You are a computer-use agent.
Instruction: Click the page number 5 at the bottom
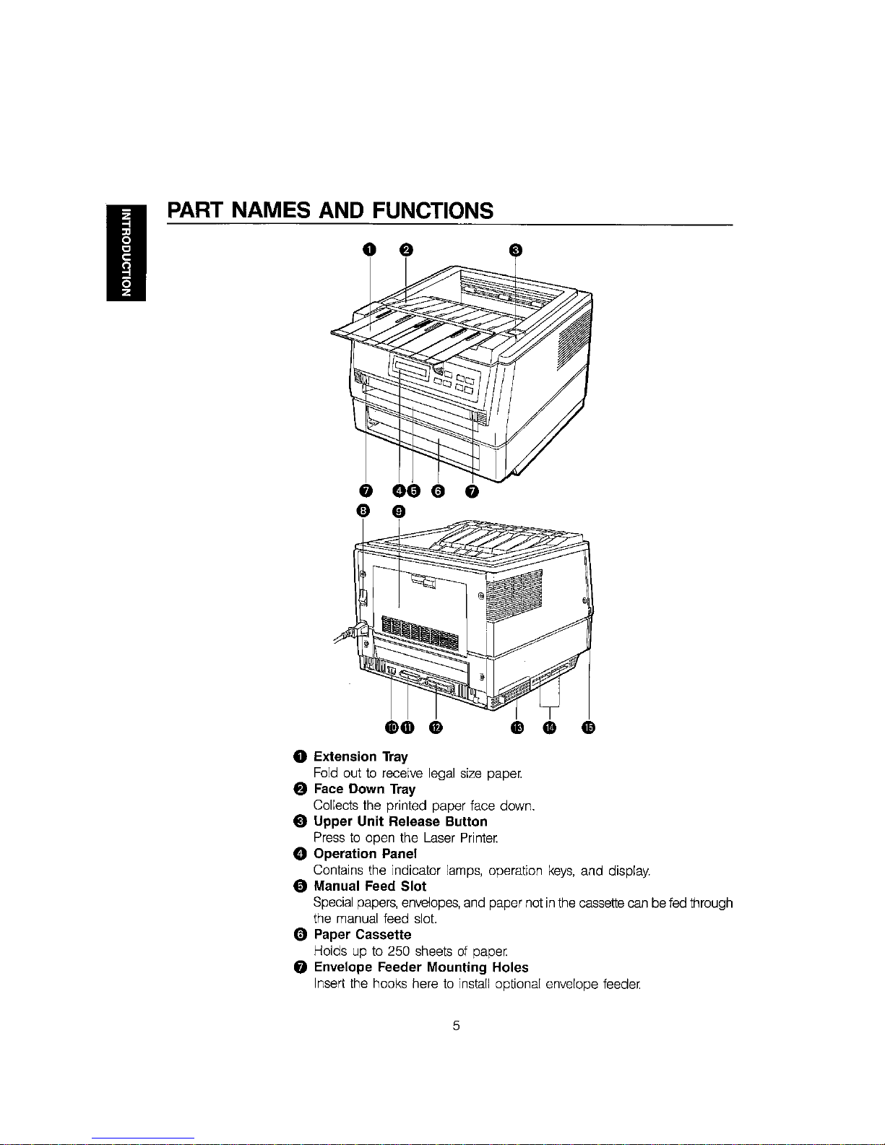point(456,1025)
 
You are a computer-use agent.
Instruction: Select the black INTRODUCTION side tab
point(126,252)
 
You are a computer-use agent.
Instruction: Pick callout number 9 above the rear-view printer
point(399,512)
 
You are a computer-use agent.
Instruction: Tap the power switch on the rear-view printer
point(363,597)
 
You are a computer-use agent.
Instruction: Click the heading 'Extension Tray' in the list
point(361,756)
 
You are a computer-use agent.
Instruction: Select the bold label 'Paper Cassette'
point(362,934)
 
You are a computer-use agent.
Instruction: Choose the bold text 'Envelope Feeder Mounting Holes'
point(420,967)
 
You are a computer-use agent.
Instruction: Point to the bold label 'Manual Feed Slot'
point(369,886)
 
